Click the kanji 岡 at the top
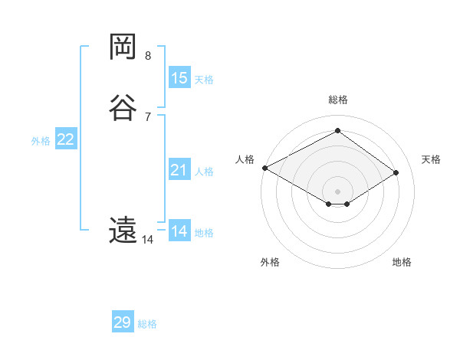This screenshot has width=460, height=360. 123,47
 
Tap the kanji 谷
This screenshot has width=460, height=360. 123,107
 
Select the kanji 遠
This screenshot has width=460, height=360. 123,230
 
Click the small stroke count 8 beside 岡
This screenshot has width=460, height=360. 148,55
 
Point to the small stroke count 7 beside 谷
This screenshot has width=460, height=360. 148,116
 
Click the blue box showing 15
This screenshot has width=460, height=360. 179,78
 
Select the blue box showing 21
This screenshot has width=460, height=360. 179,170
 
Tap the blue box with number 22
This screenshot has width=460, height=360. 66,139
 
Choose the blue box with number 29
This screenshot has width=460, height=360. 123,322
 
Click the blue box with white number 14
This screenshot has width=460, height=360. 179,231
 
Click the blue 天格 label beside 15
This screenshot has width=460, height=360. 204,79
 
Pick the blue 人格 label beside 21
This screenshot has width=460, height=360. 204,172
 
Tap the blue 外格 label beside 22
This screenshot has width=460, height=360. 41,141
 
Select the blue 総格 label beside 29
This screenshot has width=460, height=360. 147,324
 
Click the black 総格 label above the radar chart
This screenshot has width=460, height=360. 338,100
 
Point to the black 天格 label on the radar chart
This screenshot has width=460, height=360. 432,159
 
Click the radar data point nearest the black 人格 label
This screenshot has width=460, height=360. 264,167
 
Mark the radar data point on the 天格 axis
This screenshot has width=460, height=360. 396,172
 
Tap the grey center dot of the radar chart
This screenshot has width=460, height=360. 338,190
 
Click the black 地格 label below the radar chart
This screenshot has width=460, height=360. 402,262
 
